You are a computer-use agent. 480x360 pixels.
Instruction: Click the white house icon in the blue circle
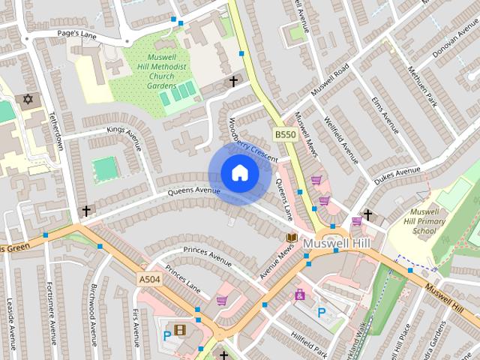click(x=239, y=173)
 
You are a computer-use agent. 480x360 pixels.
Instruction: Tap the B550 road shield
click(x=284, y=134)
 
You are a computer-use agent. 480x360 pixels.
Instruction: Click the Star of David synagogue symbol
click(x=29, y=99)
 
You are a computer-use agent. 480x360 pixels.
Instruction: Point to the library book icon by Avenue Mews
click(x=291, y=238)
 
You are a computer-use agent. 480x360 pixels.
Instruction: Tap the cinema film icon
click(x=179, y=329)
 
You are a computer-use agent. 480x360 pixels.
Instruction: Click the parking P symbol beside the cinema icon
click(x=166, y=335)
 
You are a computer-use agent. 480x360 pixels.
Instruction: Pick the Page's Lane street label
click(x=78, y=34)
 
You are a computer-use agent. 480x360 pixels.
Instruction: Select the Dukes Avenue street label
click(x=397, y=175)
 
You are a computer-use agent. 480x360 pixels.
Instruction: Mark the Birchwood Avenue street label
click(x=94, y=314)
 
